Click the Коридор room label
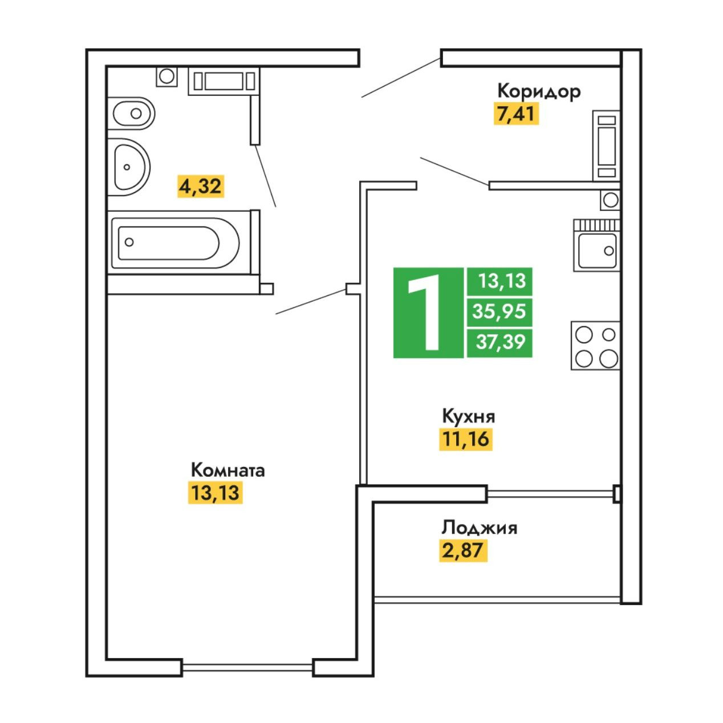538,91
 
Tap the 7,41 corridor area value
516,114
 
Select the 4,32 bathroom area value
200,186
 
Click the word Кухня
469,416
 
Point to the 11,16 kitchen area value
465,439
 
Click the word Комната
228,470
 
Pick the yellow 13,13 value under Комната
216,493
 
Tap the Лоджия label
480,527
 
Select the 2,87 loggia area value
463,550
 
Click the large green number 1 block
428,312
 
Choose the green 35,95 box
499,312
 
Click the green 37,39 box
499,343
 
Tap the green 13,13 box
499,281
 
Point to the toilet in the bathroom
132,113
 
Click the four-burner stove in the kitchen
595,346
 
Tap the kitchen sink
596,250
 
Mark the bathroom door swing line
266,176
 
